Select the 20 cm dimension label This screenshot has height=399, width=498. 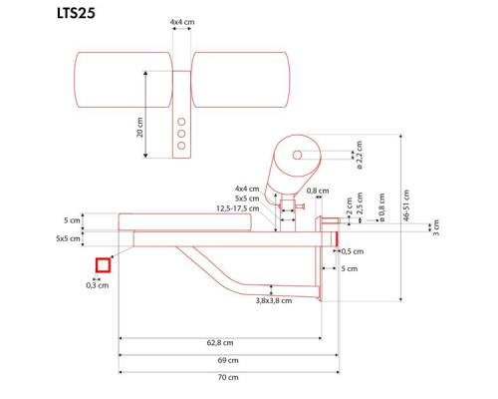click(x=140, y=128)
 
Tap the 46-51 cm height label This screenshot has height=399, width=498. click(x=405, y=204)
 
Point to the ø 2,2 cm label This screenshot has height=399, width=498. click(x=360, y=153)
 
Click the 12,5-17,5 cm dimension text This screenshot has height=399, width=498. click(x=238, y=208)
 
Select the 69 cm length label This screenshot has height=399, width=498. click(x=227, y=360)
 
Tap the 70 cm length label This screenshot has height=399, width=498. click(x=228, y=378)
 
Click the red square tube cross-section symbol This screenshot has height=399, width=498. click(x=102, y=265)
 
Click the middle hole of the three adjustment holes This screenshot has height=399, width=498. click(x=180, y=132)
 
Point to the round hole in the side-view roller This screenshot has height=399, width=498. click(x=298, y=155)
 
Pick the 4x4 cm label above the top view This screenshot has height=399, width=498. click(x=180, y=20)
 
